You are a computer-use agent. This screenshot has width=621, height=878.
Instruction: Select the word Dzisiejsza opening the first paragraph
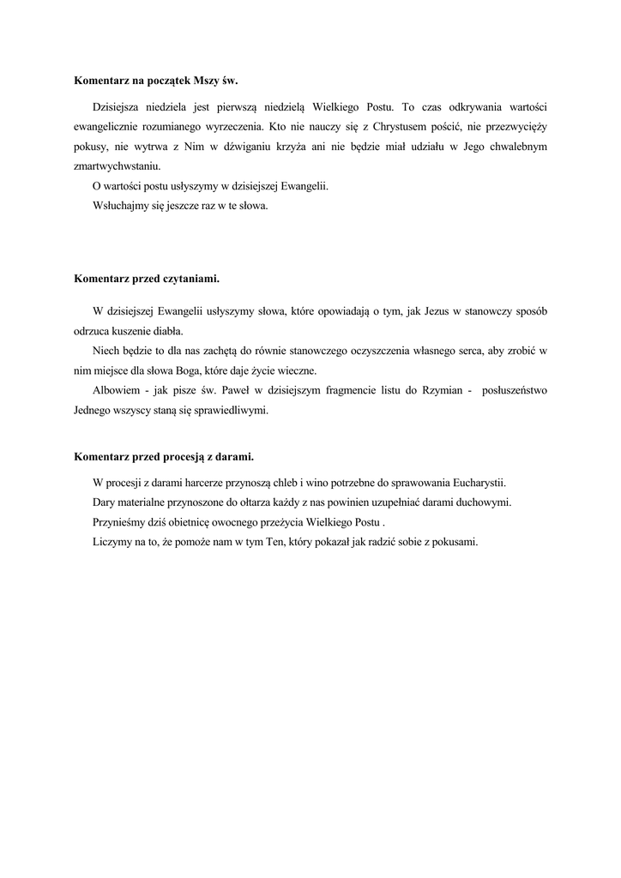click(x=122, y=106)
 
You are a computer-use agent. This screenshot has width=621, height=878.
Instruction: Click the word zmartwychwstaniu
click(x=117, y=165)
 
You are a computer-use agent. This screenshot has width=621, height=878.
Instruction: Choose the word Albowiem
click(x=115, y=390)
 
